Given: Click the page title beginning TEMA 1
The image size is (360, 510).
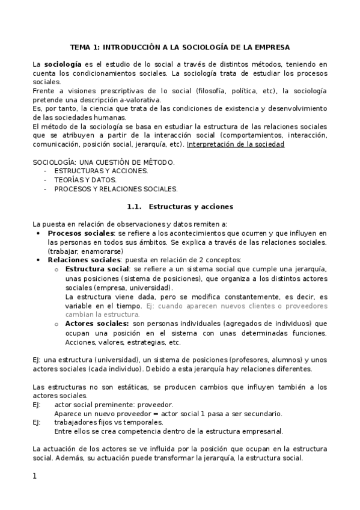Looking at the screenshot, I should (180, 46).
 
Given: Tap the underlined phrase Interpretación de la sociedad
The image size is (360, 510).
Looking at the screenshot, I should (236, 144).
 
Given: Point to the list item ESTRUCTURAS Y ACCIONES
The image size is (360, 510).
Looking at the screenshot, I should (100, 171).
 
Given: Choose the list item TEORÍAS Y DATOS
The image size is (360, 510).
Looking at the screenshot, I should (85, 180).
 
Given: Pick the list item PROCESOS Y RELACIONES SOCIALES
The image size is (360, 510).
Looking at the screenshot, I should (115, 188).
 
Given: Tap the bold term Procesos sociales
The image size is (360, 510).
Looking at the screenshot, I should (81, 233).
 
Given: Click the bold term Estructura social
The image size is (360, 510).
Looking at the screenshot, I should (97, 269).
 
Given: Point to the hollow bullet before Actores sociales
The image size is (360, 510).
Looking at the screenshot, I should (56, 324).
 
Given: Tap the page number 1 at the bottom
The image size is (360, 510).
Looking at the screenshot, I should (34, 476).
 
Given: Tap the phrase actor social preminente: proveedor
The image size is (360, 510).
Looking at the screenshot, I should (114, 405).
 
